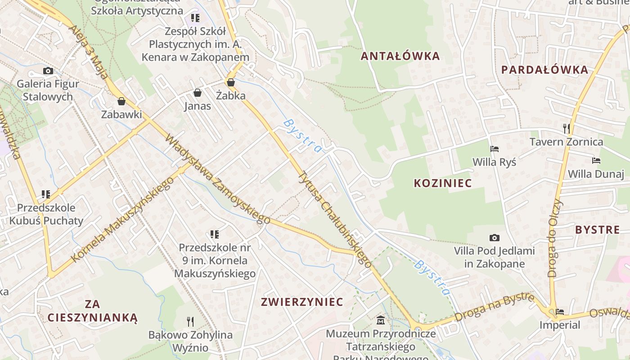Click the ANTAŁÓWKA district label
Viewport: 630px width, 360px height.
point(400,56)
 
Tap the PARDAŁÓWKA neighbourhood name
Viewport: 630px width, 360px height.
point(544,70)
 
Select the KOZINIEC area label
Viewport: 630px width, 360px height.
point(442,183)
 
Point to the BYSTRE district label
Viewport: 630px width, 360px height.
point(597,229)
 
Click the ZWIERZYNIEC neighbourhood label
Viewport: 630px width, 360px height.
point(302,301)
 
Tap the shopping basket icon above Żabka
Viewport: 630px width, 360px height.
point(231,82)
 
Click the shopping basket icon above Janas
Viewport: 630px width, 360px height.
point(197,93)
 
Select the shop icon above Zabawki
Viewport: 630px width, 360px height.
point(121,101)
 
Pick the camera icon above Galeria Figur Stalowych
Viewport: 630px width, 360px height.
point(48,71)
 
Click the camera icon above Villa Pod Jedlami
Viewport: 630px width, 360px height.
point(494,238)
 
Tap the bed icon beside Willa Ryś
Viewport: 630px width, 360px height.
point(494,148)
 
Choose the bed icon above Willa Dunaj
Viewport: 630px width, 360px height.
point(596,161)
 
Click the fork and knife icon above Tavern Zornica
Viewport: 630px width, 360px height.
point(566,129)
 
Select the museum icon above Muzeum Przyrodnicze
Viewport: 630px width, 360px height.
point(381,320)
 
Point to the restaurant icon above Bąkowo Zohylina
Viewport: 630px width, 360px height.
point(190,321)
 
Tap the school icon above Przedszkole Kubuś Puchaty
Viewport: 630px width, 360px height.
point(45,194)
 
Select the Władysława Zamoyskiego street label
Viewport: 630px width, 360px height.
point(217,179)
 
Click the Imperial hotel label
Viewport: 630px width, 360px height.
point(560,324)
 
